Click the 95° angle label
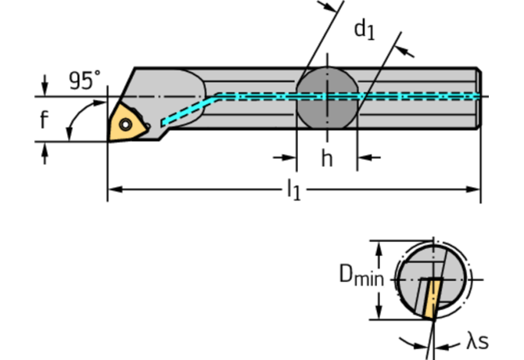[84, 81]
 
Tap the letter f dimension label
[45, 120]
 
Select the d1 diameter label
[364, 30]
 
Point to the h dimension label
[327, 159]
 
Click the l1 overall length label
[293, 189]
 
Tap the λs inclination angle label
[478, 341]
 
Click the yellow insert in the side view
[124, 122]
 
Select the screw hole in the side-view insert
[124, 123]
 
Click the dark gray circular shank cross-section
[327, 98]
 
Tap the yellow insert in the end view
[432, 297]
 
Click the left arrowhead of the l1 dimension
[112, 189]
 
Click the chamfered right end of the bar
[478, 98]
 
